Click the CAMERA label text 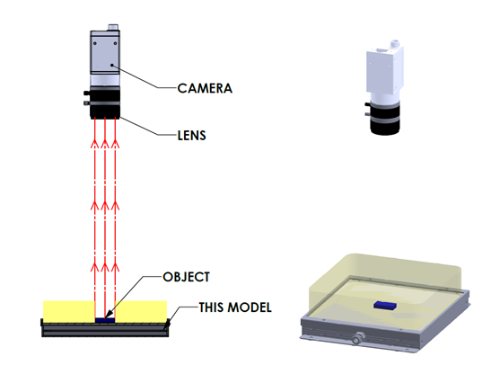(205, 88)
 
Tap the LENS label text (191, 135)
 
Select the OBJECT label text (187, 277)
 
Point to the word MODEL (250, 307)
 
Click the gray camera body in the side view (105, 58)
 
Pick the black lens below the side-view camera (105, 102)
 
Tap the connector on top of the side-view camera (113, 27)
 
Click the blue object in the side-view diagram (105, 320)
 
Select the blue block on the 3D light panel (385, 305)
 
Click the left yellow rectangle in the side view (69, 311)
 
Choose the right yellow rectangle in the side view (141, 311)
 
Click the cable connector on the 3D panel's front (356, 339)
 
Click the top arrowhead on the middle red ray (105, 143)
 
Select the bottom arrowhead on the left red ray (94, 267)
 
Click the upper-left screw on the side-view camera (95, 43)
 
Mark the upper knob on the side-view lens (87, 93)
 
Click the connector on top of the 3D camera (395, 43)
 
